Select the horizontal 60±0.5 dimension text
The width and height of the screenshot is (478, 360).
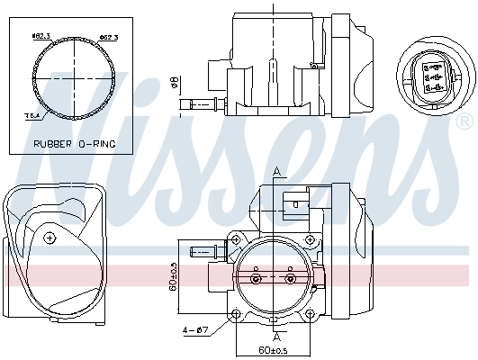tap(271, 349)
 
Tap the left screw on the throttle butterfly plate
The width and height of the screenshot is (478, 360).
tap(257, 279)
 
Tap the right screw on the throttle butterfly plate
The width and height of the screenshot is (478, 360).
tap(289, 279)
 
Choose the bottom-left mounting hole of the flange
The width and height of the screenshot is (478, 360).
tap(236, 315)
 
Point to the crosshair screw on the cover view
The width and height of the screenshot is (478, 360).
tap(50, 237)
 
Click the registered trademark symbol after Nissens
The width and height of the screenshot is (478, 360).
tap(463, 120)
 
